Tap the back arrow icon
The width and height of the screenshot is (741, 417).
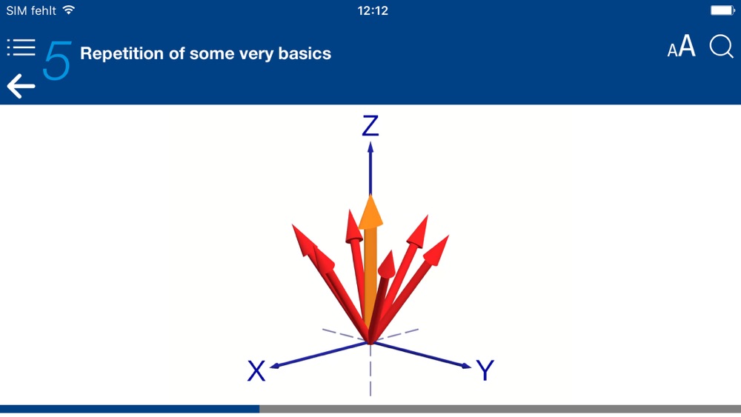(x=21, y=86)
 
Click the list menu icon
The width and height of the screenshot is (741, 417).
(x=21, y=47)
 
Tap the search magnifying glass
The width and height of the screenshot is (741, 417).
(x=721, y=47)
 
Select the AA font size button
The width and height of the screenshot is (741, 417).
(x=681, y=47)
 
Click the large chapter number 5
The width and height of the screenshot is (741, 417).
(x=57, y=60)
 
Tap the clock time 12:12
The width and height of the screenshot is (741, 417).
(x=373, y=10)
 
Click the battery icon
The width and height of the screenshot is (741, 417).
(x=722, y=10)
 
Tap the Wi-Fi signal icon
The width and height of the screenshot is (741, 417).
(x=69, y=10)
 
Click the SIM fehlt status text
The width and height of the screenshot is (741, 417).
(x=30, y=10)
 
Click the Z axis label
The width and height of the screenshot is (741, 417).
(x=370, y=126)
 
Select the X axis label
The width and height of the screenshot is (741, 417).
(x=256, y=371)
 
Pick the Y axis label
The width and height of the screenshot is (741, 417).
(x=485, y=370)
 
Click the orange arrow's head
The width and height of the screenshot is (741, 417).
(x=370, y=212)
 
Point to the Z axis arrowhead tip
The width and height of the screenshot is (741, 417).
(x=370, y=143)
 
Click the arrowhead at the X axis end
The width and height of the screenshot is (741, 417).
(x=270, y=367)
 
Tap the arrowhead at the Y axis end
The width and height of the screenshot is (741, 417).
(x=471, y=367)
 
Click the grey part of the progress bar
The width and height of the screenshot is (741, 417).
(x=500, y=409)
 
